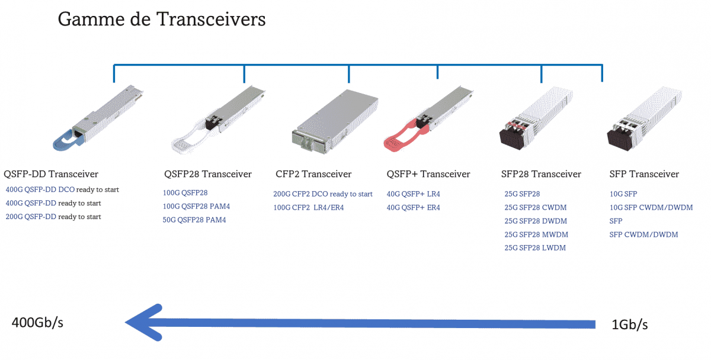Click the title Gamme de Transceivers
click(x=162, y=20)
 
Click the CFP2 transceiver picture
click(x=335, y=122)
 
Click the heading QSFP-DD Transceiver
click(x=51, y=174)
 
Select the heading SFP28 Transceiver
click(x=541, y=174)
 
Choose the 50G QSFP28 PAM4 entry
click(x=194, y=220)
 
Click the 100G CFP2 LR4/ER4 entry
click(x=309, y=208)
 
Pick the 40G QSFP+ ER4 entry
click(x=414, y=208)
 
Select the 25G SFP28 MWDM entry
click(x=536, y=234)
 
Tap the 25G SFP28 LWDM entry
click(x=535, y=248)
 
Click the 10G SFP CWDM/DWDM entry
click(x=651, y=208)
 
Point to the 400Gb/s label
click(x=37, y=323)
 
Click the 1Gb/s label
click(x=629, y=324)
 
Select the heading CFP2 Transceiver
click(x=313, y=174)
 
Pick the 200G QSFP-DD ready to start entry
click(x=53, y=217)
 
